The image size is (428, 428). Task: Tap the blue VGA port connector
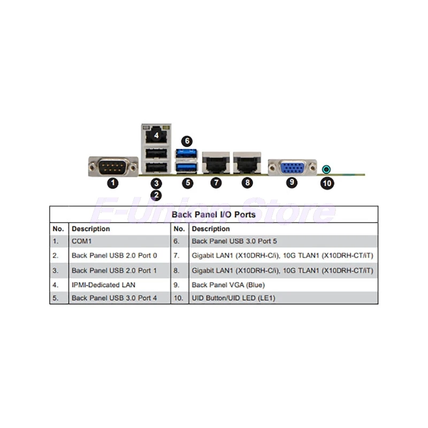point(292,167)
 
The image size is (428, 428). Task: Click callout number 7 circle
point(216,182)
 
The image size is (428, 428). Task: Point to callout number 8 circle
point(247,182)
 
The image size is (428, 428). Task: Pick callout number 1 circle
point(112,182)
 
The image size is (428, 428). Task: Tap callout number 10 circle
point(327,183)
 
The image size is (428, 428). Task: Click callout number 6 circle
point(186,141)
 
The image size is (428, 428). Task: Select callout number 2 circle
point(156,195)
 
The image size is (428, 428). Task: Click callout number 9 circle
point(292,182)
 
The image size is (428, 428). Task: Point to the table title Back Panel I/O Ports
point(213,215)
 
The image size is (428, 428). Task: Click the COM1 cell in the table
point(82,242)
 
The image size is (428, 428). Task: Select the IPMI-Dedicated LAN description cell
point(103,285)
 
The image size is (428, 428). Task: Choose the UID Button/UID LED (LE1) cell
point(233,298)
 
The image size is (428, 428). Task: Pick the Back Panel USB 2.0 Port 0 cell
point(114,256)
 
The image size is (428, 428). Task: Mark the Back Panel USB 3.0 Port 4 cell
point(114,298)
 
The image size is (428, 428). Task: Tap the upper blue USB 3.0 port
point(187,155)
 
